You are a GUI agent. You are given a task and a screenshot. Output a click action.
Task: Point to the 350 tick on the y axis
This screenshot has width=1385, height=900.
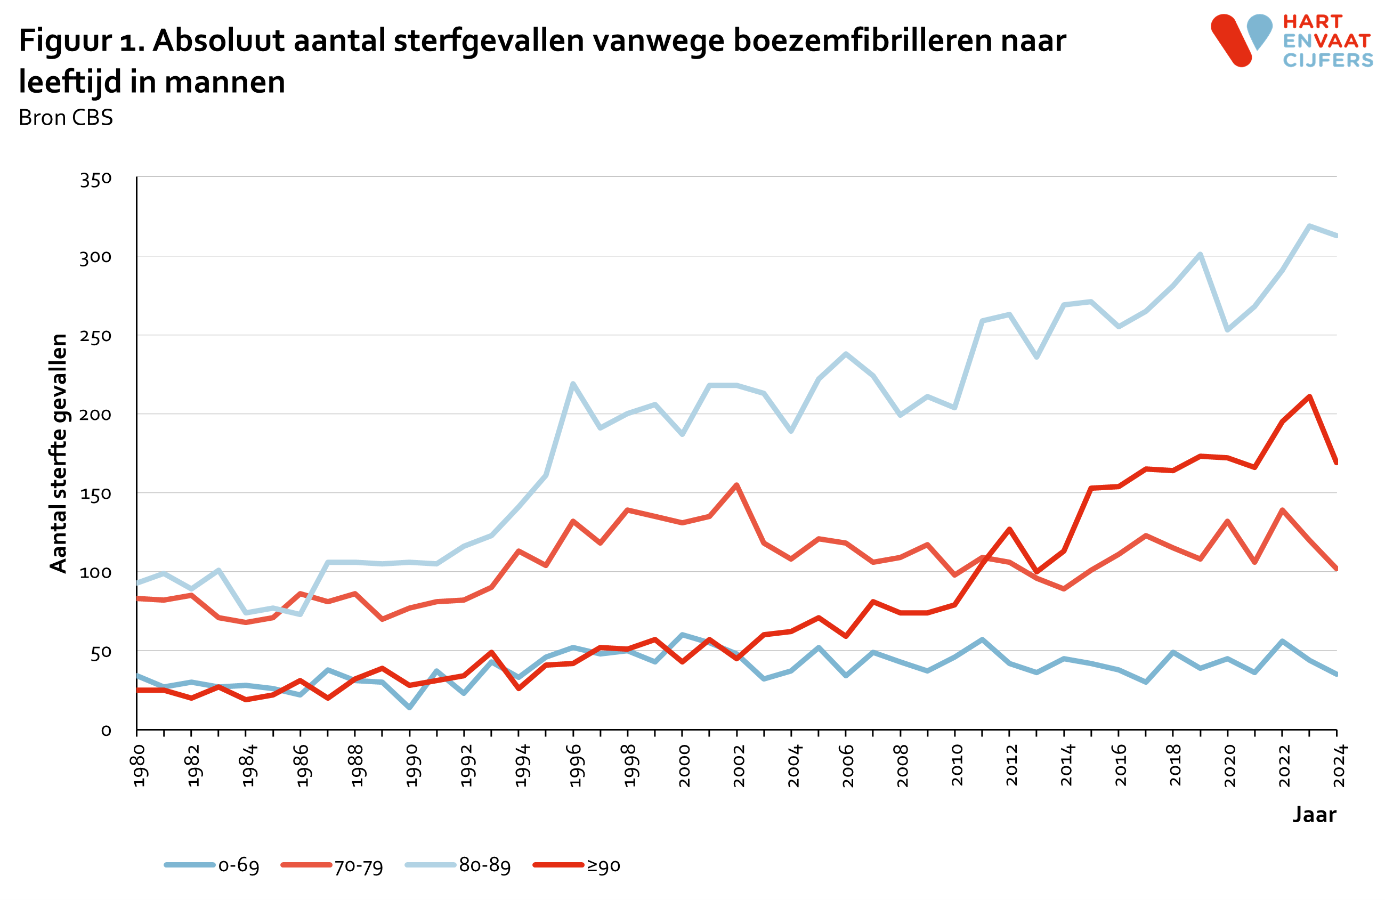coord(95,179)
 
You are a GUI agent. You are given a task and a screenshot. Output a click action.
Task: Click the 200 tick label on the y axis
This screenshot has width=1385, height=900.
coord(95,415)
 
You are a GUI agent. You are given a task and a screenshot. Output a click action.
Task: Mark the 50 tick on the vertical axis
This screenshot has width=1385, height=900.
coord(101,652)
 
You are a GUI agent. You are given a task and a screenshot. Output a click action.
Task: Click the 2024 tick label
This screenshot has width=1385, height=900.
coord(1339,765)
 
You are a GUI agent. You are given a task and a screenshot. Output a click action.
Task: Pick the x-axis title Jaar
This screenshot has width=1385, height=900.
coord(1314,815)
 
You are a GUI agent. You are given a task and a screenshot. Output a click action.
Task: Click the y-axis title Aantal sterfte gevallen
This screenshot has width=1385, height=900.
coord(59,453)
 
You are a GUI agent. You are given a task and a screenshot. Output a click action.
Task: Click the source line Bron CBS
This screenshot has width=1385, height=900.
coord(66,118)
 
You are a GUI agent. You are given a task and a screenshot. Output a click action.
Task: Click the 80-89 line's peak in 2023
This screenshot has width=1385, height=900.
coord(1309,226)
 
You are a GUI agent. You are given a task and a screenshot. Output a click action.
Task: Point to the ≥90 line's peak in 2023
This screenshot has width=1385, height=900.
coord(1309,397)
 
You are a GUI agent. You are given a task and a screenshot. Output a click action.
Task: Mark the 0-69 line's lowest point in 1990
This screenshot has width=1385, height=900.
coord(410,708)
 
